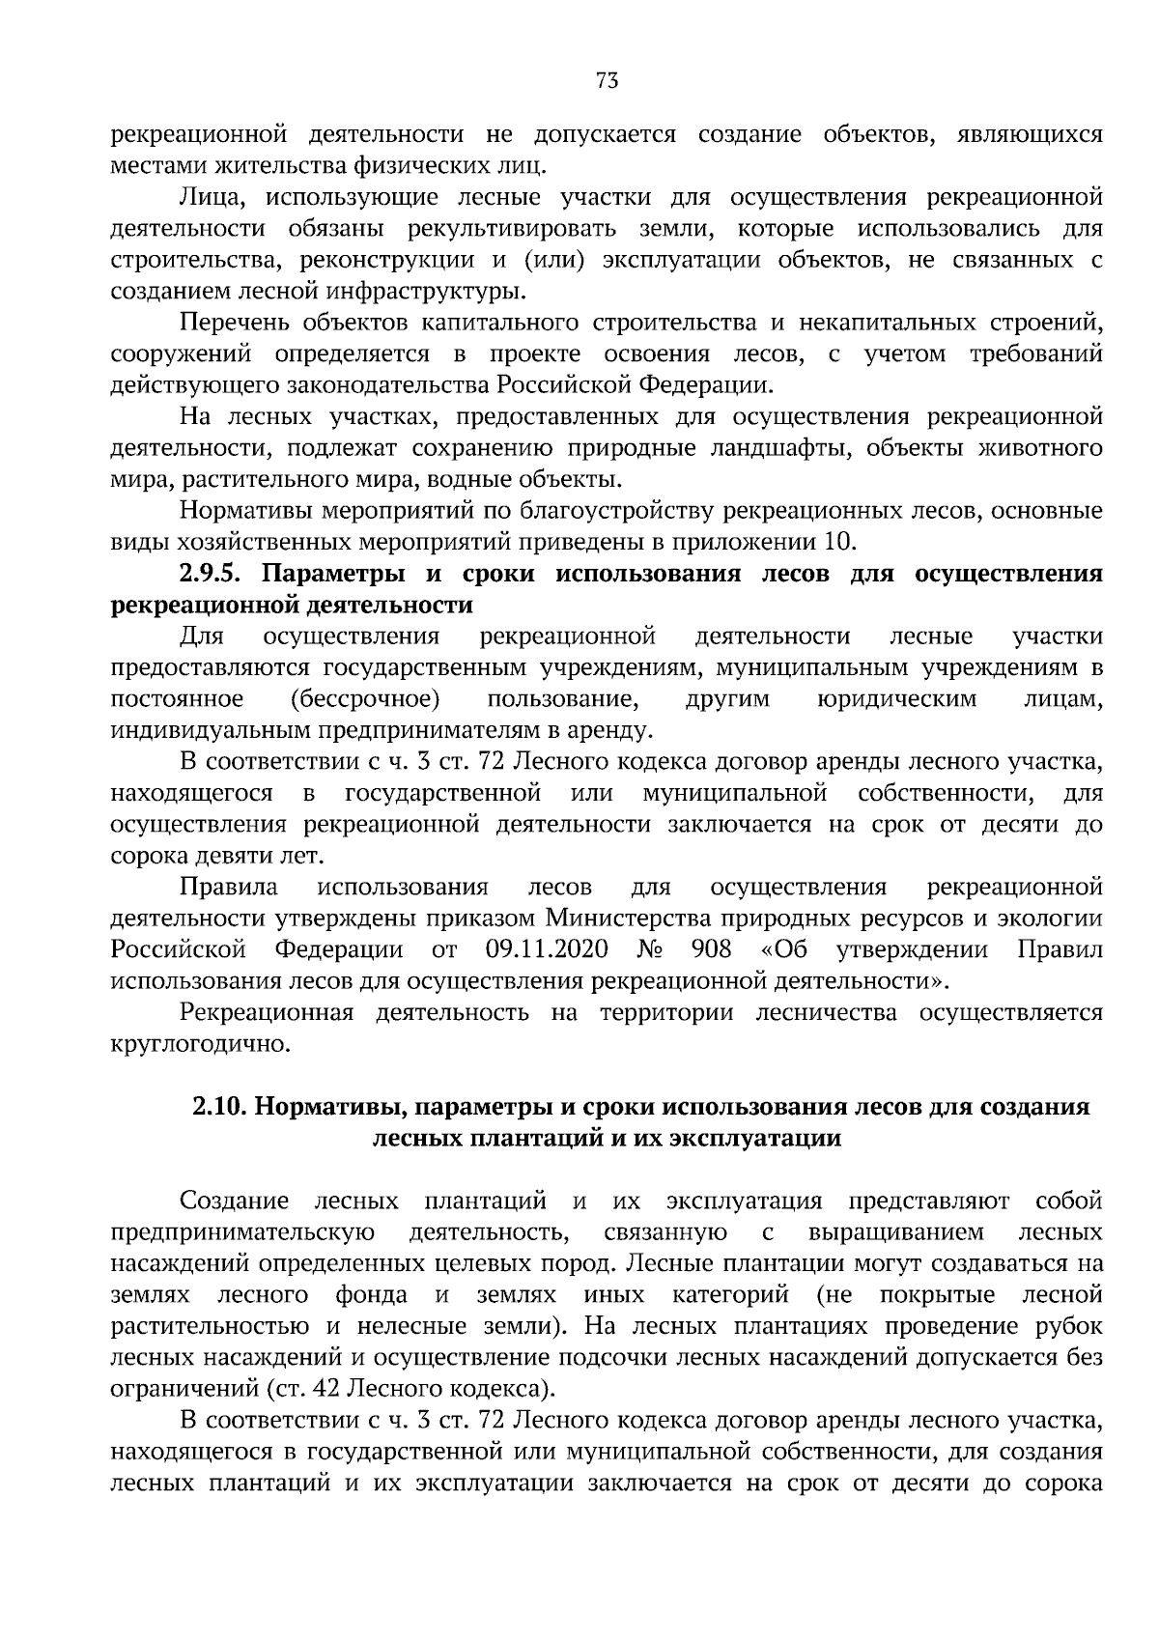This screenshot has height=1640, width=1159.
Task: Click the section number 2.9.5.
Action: [x=214, y=574]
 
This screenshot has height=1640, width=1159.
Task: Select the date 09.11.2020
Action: [x=548, y=949]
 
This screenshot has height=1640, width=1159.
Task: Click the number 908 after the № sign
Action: [x=711, y=949]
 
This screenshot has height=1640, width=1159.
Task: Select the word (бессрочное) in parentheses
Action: [x=365, y=698]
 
